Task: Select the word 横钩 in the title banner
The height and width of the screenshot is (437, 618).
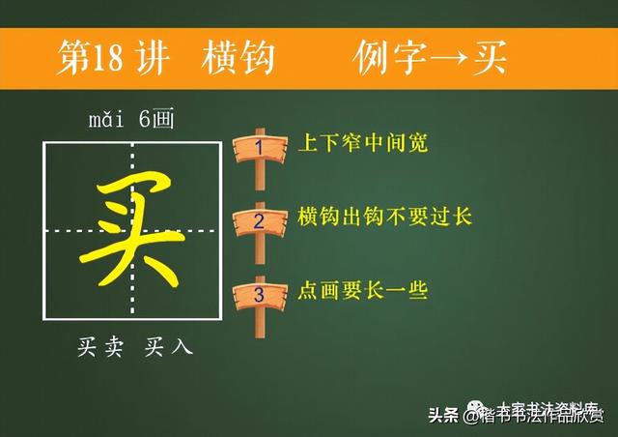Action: click(239, 57)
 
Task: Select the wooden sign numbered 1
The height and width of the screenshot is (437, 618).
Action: click(259, 148)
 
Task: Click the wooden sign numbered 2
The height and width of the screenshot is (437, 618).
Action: click(259, 220)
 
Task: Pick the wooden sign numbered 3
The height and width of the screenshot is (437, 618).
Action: click(259, 292)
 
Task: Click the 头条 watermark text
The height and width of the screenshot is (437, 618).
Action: click(444, 416)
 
